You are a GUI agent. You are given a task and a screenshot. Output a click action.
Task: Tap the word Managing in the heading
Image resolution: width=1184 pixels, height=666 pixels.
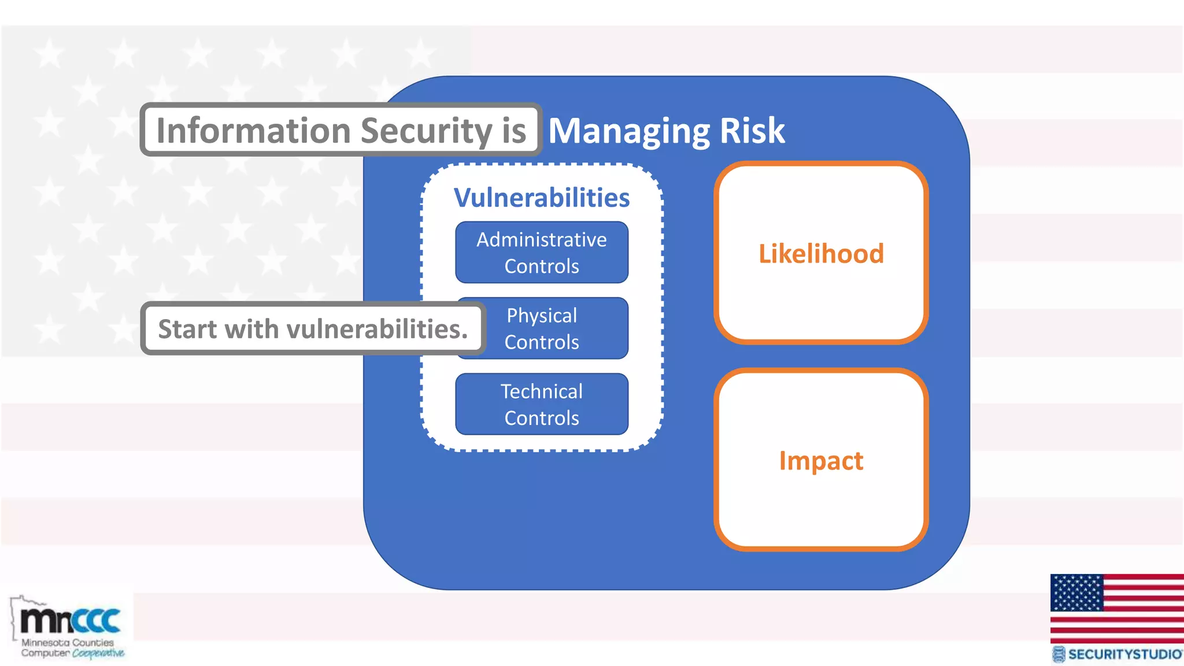(x=628, y=131)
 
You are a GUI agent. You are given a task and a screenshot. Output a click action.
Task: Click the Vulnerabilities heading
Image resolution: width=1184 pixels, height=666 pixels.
(x=541, y=198)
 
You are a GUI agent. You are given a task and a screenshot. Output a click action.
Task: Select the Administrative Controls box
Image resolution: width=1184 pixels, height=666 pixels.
(x=541, y=253)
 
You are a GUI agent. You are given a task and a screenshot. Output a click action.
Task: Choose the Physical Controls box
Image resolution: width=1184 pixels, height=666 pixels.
(x=555, y=328)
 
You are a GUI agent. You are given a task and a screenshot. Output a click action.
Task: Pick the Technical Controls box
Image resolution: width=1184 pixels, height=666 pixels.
(x=541, y=404)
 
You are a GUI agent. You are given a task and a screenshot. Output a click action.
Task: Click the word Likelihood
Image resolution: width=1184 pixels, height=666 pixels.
(x=821, y=254)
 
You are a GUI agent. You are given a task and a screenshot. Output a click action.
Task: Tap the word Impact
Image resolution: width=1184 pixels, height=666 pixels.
(x=821, y=461)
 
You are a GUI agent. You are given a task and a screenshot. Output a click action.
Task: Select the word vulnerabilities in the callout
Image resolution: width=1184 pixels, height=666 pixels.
(x=377, y=329)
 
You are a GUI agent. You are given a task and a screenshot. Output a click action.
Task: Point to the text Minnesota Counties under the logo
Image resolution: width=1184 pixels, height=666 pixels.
(x=68, y=642)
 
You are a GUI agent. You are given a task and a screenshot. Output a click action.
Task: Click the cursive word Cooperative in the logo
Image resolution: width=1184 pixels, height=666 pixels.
(x=98, y=653)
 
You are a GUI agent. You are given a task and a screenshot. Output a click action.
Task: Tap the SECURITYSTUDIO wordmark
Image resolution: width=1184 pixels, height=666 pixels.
(x=1124, y=654)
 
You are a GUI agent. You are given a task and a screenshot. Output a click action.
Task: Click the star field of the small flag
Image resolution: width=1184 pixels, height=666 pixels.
(x=1076, y=593)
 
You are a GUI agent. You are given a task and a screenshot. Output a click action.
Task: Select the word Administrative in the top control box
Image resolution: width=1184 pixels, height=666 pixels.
(x=541, y=239)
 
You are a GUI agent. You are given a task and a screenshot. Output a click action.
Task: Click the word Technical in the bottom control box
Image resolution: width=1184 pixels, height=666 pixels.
(x=541, y=391)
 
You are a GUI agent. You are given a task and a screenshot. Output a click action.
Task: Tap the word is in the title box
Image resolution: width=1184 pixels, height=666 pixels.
(x=514, y=131)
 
